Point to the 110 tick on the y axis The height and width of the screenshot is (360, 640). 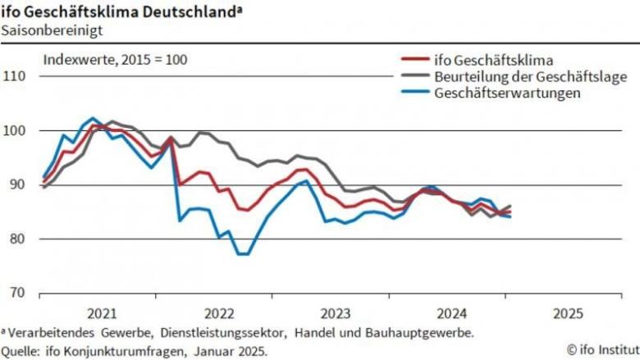point(14,76)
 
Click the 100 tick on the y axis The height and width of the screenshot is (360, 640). point(14,130)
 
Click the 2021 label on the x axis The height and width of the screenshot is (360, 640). point(101,313)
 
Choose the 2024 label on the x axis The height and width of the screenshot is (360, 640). point(451,313)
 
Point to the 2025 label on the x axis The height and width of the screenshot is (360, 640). point(568,313)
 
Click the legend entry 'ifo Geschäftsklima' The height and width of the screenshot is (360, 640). point(491,60)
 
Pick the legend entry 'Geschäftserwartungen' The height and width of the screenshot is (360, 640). point(507,93)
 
